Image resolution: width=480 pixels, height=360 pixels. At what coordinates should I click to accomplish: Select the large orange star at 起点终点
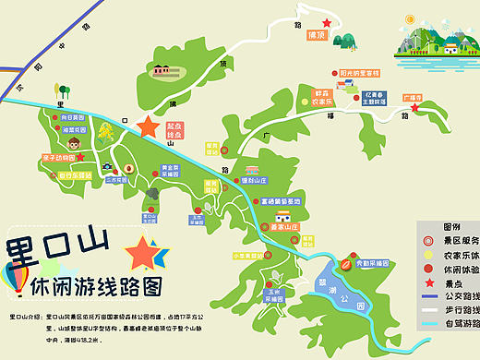(148, 126)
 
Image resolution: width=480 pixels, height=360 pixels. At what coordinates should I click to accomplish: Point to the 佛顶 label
(317, 36)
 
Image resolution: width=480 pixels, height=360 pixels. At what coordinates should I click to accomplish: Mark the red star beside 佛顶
(325, 23)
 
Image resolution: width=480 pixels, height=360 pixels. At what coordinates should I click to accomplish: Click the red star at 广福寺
(416, 108)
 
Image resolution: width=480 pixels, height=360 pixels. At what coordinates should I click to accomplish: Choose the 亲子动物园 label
(59, 158)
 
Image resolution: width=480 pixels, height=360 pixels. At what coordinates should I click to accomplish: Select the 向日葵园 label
(73, 117)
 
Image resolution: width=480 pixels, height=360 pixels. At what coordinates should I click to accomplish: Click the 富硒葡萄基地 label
(281, 200)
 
